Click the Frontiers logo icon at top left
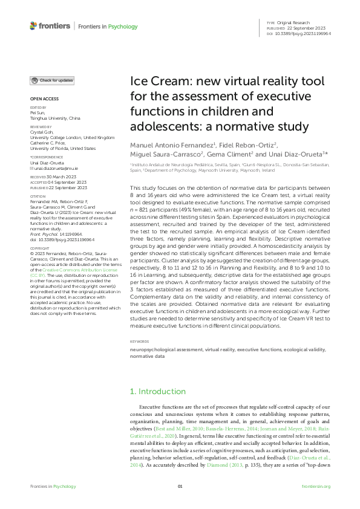(x=33, y=26)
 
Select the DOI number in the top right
(x=309, y=33)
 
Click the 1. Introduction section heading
(x=158, y=391)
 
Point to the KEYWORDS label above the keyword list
(x=140, y=342)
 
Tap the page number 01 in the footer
(x=180, y=486)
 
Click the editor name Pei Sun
(x=38, y=113)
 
